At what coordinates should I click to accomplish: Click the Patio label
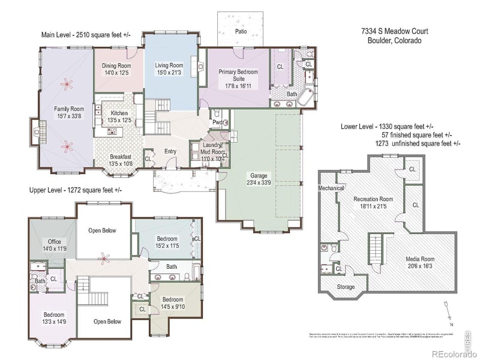241,29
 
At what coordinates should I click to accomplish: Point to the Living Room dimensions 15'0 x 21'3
169,73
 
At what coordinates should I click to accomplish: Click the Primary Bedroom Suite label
238,75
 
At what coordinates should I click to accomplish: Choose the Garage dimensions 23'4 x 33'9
259,182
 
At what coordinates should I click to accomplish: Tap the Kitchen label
119,113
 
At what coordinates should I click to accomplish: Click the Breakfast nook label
121,157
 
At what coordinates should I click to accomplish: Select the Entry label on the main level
170,151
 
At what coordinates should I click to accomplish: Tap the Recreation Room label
373,199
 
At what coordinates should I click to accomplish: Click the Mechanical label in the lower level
331,188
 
